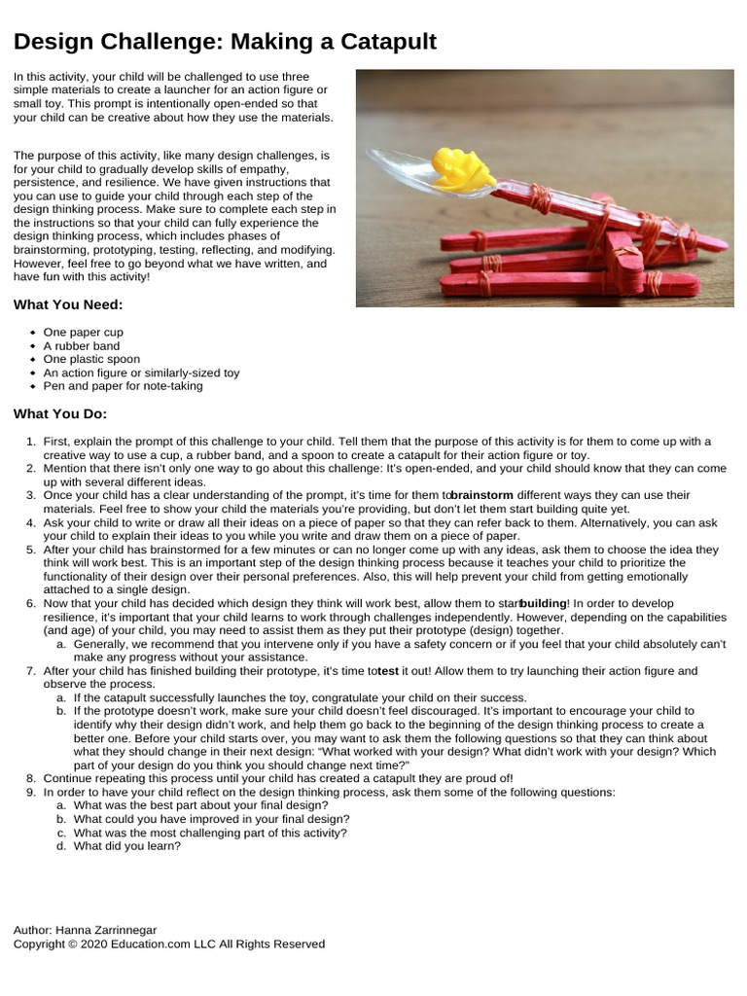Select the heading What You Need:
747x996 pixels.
pos(68,304)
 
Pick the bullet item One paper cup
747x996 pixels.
pos(84,332)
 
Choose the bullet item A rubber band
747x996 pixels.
pos(82,345)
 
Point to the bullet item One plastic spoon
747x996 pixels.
pos(91,359)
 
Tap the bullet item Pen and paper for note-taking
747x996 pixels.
pos(123,385)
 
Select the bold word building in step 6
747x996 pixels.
pos(543,603)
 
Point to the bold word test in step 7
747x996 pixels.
pos(388,671)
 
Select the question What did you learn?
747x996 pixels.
pos(126,845)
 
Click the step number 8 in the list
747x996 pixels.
pos(31,778)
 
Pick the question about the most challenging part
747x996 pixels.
pos(210,833)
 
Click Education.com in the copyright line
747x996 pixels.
pos(152,943)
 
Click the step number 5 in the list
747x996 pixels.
pos(31,550)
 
